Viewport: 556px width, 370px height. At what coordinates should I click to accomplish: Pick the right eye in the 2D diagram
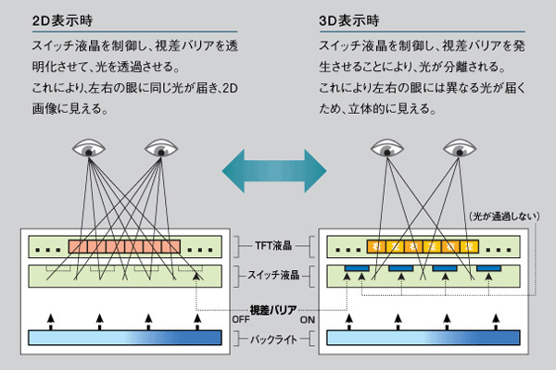161,148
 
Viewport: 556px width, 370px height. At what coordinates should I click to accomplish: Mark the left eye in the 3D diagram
386,148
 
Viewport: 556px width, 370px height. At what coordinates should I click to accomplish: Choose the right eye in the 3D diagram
457,148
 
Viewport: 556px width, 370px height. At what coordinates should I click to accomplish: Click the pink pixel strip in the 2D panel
124,247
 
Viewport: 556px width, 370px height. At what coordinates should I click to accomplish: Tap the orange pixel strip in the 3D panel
422,247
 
